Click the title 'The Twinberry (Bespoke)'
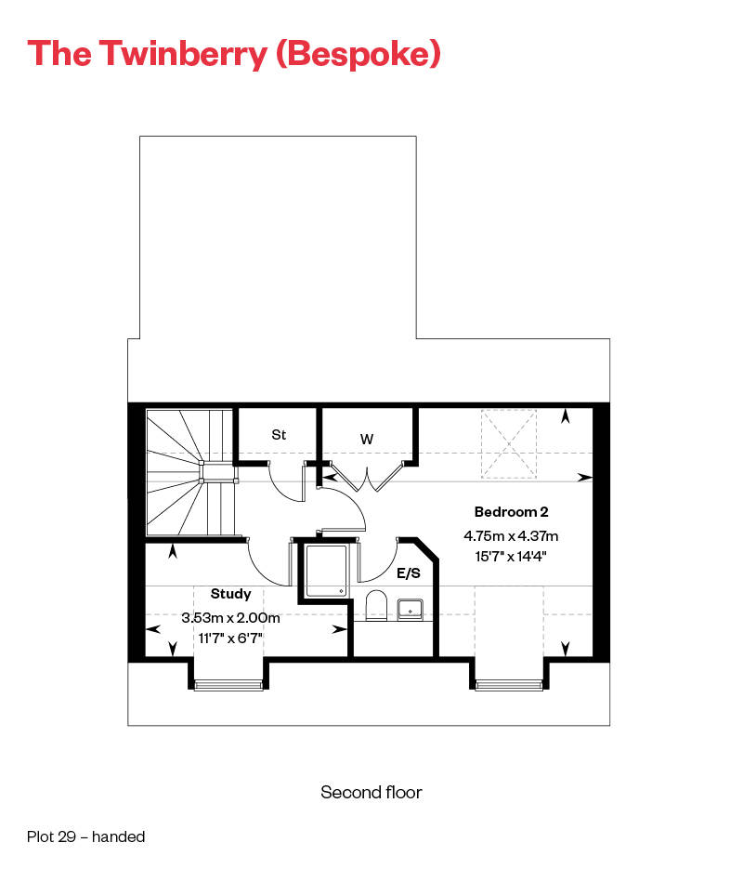(x=234, y=53)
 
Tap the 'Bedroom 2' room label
(x=512, y=511)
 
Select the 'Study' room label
(x=231, y=593)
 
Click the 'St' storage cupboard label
(x=279, y=434)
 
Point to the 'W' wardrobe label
(x=366, y=437)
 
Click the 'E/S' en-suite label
(x=410, y=574)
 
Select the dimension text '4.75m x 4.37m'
(x=512, y=536)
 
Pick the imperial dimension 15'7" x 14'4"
(x=512, y=558)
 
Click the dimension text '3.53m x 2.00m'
(x=231, y=617)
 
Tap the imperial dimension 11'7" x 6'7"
(x=231, y=639)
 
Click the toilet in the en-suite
(x=376, y=606)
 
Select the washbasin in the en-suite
(x=411, y=610)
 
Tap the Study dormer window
(x=229, y=685)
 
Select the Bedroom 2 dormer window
(x=508, y=685)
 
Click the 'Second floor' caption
(x=371, y=793)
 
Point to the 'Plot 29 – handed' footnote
(x=85, y=836)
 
